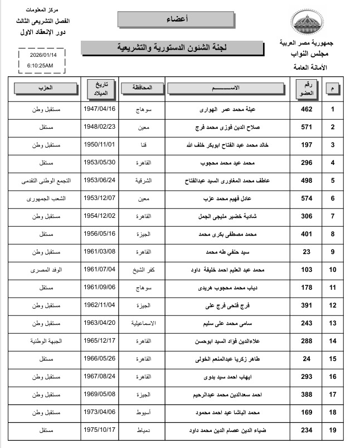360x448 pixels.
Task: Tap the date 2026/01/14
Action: (x=40, y=55)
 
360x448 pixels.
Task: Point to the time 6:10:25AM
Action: (x=40, y=66)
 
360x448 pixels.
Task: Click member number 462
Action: (x=307, y=110)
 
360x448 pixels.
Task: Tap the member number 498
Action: (x=307, y=181)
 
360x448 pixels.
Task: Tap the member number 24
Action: (x=307, y=358)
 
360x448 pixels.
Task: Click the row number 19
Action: (x=333, y=430)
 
